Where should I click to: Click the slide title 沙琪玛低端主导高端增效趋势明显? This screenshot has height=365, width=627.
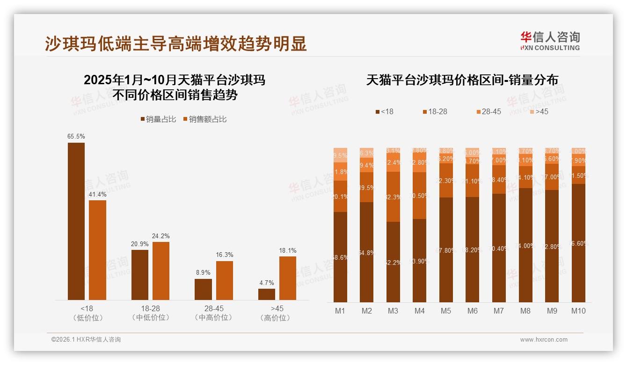(x=175, y=44)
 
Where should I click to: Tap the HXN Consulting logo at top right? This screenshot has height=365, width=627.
(x=550, y=41)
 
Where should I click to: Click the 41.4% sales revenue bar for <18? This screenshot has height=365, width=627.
(x=97, y=250)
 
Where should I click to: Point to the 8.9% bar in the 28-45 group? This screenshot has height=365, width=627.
(x=203, y=289)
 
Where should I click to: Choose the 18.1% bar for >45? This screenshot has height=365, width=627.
(x=288, y=278)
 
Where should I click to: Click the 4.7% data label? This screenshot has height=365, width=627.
(x=266, y=283)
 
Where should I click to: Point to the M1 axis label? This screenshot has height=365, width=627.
(x=340, y=311)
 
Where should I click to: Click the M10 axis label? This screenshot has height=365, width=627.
(x=578, y=311)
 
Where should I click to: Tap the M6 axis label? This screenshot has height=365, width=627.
(x=473, y=311)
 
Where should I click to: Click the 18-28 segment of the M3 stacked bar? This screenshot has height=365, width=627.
(x=393, y=197)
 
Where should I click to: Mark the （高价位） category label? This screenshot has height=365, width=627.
(x=277, y=318)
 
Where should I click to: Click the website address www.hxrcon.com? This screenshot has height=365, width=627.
(x=544, y=340)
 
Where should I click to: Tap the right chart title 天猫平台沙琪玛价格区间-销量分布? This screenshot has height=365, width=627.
(x=462, y=80)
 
